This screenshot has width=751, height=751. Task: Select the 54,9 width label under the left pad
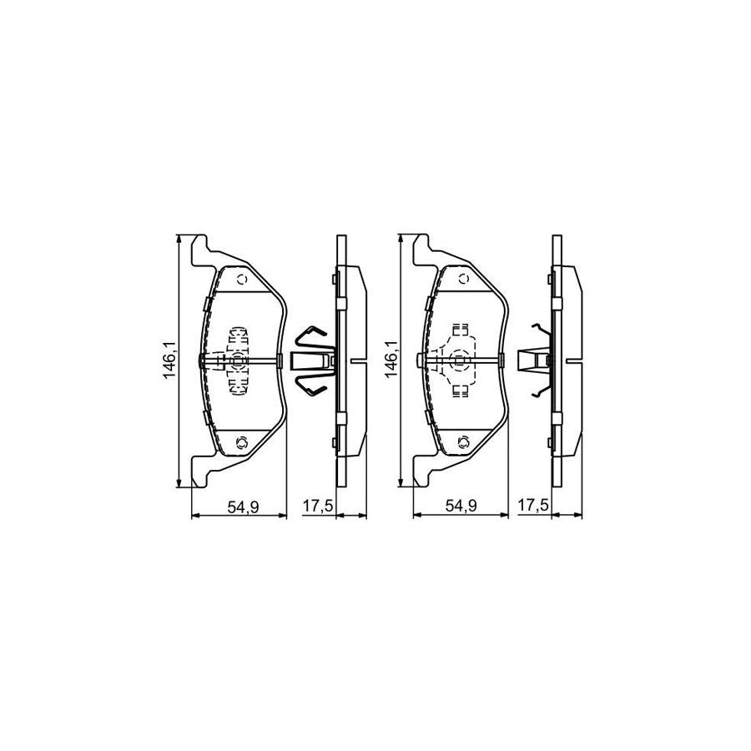tap(240, 506)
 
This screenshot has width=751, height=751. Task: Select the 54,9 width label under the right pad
tap(462, 506)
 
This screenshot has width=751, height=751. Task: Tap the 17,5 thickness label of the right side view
tap(533, 506)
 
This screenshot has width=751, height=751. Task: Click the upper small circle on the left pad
tap(243, 280)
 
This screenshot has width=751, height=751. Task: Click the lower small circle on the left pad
tap(243, 441)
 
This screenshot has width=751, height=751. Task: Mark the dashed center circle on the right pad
tap(458, 360)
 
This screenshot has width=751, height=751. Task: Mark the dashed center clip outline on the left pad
tap(237, 360)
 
